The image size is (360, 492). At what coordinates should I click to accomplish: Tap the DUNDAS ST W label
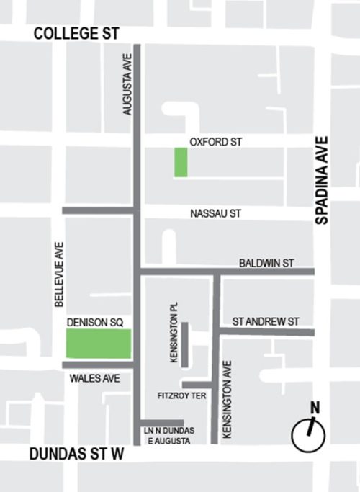point(77,455)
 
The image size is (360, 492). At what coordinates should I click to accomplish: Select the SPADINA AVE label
point(321,181)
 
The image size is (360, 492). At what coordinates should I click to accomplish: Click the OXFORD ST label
point(214,143)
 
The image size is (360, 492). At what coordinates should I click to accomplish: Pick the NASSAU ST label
point(215,214)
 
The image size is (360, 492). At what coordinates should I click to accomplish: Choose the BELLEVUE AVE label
point(60,274)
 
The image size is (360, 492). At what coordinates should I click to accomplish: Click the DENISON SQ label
point(93,323)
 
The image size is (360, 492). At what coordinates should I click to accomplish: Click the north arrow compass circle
point(308,435)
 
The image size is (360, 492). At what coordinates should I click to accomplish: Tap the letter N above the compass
point(314,408)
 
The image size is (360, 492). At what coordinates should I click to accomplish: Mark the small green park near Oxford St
point(181,162)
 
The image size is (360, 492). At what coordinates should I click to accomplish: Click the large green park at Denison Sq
point(99,344)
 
